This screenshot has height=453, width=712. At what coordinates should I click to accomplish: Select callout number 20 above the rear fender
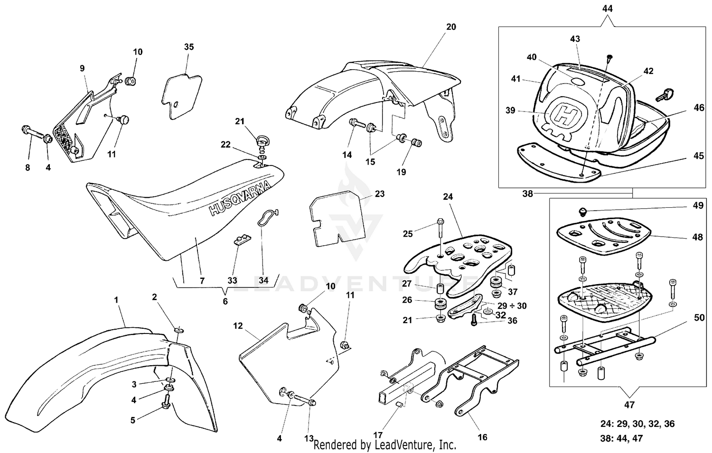click(451, 27)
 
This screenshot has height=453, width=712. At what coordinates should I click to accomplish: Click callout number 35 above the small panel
click(189, 47)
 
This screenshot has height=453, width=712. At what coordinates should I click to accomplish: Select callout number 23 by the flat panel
click(379, 194)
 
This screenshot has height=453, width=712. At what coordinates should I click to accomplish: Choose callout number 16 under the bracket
click(482, 437)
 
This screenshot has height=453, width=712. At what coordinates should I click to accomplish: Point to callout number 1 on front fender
click(116, 300)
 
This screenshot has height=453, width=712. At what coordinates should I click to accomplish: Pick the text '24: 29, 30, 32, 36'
click(637, 424)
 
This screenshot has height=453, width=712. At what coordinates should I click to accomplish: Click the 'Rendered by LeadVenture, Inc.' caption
click(384, 445)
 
